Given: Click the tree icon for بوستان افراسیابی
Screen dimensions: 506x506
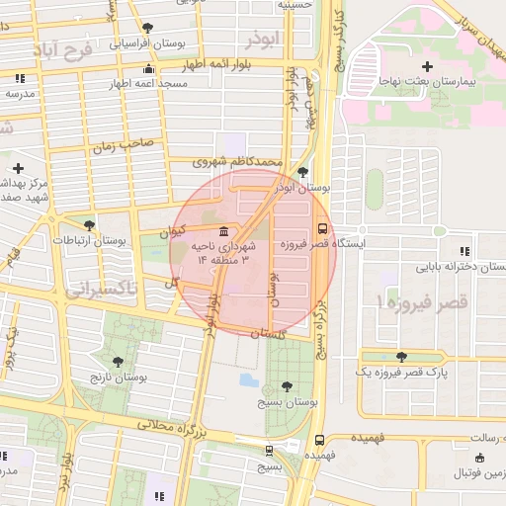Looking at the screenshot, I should tap(148, 28).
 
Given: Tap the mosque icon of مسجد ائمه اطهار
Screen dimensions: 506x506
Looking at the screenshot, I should tap(148, 68).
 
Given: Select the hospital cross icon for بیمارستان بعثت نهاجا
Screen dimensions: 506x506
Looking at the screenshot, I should tap(427, 66).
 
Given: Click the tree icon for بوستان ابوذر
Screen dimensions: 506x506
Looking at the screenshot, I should tap(302, 171).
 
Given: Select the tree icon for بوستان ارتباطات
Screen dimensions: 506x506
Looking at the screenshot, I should tap(89, 226).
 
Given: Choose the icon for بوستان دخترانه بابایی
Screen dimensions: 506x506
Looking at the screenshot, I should tap(464, 253).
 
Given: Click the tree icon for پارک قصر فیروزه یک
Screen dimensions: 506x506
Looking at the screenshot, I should tap(400, 357).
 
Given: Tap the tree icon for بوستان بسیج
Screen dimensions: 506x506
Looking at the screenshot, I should tap(287, 386).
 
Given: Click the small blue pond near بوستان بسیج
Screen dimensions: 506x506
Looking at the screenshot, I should tap(248, 379).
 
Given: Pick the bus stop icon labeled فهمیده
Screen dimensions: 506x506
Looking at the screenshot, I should tap(318, 441).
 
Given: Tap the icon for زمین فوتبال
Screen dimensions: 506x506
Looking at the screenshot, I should tap(480, 458).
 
